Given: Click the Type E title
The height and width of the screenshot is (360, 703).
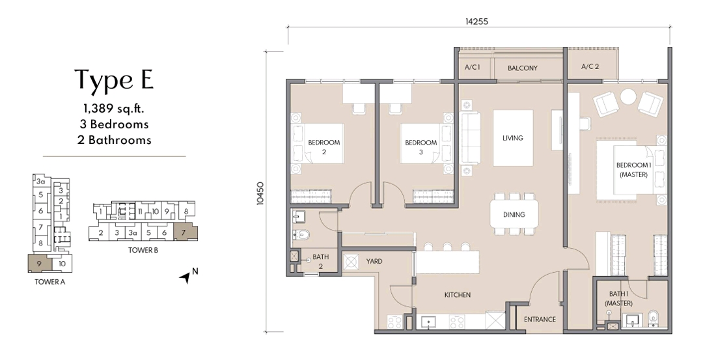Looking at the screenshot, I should pos(114,79).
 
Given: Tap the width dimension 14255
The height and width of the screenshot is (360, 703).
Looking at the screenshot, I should pos(476,21).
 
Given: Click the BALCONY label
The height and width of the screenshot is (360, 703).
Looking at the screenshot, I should pos(523,68).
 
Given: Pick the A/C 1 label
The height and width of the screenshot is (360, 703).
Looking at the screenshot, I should pos(472,68).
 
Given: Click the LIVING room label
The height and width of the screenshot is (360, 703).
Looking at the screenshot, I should pos(512,138).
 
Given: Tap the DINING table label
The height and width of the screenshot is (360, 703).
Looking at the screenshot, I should pos(513,215).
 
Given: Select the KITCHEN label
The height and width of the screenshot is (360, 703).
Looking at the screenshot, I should pos(457,295).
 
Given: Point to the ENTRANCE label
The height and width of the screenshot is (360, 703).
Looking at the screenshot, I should pos(540,320).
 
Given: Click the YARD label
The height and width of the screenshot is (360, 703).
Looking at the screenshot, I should pos(374,261).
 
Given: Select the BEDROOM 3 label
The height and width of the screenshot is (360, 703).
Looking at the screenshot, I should pos(420,147).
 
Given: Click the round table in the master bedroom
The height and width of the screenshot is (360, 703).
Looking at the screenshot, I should pos(627,97).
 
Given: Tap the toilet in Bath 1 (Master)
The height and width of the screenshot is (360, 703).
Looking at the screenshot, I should pos(655,318).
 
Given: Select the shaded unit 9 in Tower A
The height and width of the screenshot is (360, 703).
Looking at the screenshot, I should pos(39,264).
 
